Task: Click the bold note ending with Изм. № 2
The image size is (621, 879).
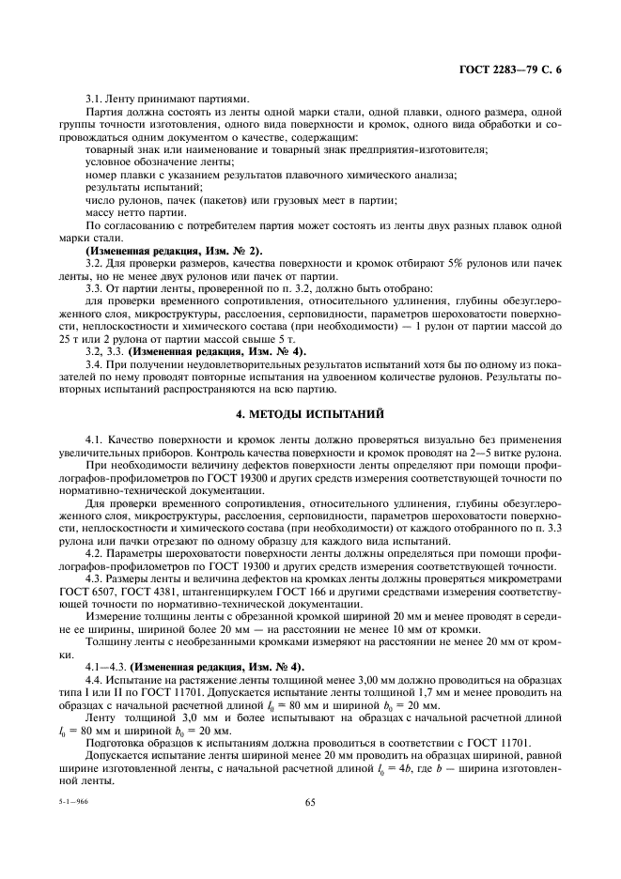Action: pos(175,251)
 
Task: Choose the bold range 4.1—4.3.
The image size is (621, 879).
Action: pos(104,667)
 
